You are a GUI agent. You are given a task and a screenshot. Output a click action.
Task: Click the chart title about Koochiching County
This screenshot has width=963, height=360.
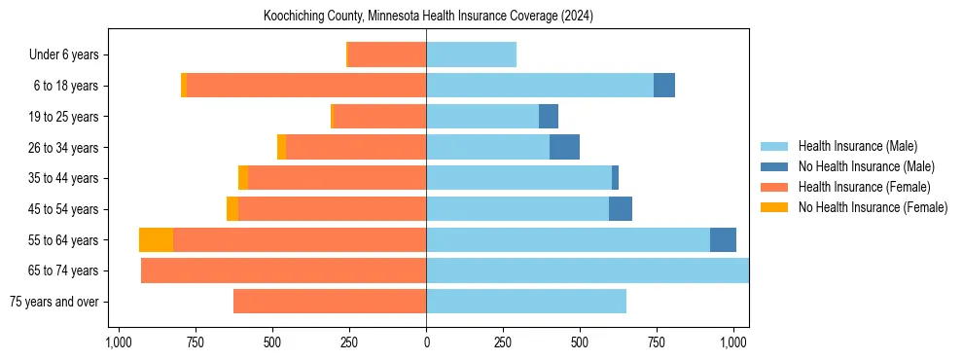(428, 17)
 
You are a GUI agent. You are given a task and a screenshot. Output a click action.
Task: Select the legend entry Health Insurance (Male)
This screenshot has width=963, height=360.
(856, 146)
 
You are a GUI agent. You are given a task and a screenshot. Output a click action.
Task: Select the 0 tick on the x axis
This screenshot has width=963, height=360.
(426, 342)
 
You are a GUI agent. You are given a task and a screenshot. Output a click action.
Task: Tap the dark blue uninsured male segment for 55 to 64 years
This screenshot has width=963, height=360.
(723, 240)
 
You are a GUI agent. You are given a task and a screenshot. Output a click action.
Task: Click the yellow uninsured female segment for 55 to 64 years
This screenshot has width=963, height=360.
(156, 240)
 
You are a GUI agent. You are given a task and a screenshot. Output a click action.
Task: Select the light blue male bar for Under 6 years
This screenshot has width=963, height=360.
(471, 55)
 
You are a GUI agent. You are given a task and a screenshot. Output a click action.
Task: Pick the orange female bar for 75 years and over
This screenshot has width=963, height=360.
(330, 302)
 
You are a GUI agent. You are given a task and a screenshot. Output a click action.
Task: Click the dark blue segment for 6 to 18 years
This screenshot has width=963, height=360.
(664, 86)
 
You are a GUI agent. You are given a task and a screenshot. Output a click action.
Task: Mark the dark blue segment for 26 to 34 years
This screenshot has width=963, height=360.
(564, 147)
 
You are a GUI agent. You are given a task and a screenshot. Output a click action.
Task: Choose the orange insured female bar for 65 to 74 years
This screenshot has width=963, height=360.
(283, 270)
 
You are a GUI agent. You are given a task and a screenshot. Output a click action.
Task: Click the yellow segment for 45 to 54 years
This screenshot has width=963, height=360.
(232, 209)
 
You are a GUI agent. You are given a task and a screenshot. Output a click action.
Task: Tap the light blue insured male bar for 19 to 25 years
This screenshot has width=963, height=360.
(482, 117)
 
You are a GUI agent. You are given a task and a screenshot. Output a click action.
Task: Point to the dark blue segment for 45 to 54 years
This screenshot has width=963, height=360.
(621, 209)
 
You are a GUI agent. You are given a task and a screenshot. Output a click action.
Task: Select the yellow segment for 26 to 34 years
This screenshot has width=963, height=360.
(281, 147)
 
